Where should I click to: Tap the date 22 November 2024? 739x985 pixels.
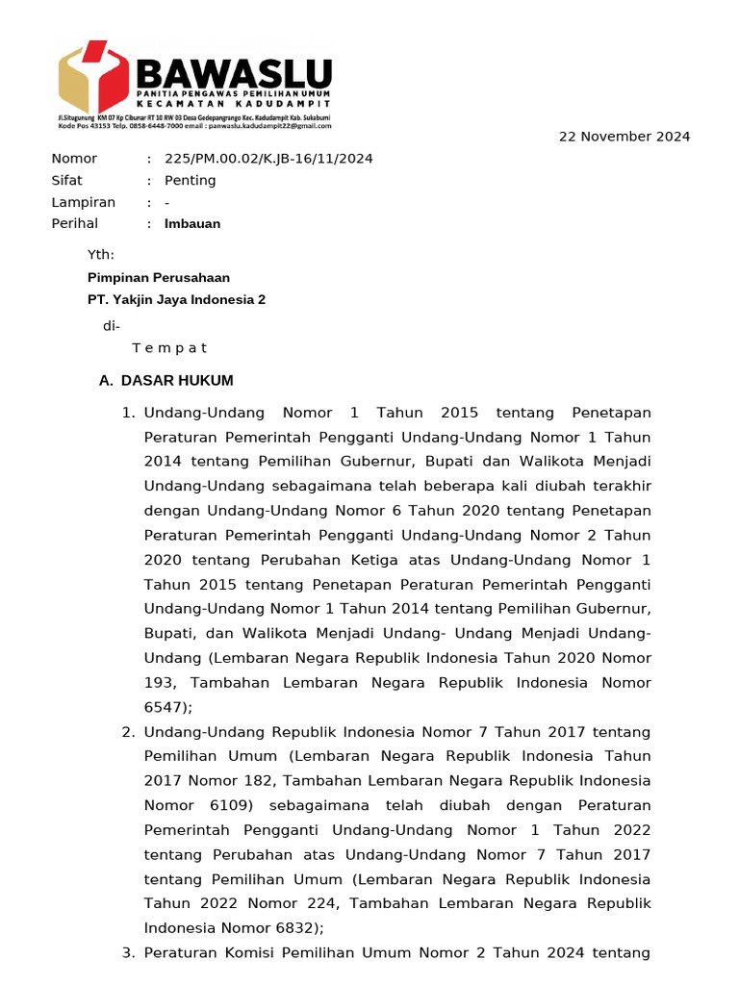(x=624, y=137)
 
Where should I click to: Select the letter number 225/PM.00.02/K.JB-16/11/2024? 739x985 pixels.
(x=268, y=159)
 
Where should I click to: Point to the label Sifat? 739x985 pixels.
(x=66, y=181)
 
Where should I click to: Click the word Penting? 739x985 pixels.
(x=190, y=181)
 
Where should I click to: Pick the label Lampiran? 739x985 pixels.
(x=83, y=203)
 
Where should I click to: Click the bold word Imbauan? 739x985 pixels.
(x=191, y=224)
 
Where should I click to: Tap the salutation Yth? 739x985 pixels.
(x=101, y=255)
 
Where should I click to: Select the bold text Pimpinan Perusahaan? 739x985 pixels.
(x=159, y=277)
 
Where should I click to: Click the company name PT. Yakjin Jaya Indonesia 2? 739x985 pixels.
(x=176, y=300)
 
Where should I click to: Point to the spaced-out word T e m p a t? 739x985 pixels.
(x=169, y=348)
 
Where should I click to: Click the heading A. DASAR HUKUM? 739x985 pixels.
(x=166, y=381)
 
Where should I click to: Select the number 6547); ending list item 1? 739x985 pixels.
(x=168, y=707)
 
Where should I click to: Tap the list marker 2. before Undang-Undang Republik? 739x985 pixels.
(x=128, y=732)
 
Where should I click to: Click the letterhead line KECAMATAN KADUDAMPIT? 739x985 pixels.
(x=233, y=103)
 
